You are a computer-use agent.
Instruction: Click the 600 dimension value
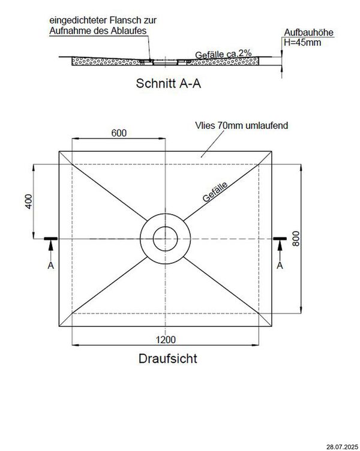[x=119, y=134]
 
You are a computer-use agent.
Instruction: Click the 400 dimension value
[x=28, y=202]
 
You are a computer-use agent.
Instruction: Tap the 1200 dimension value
[x=166, y=339]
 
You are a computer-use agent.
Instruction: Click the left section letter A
[x=50, y=264]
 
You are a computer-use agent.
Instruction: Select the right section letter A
[x=280, y=264]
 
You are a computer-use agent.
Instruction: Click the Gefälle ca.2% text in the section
[x=220, y=55]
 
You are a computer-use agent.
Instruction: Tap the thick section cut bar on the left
[x=50, y=239]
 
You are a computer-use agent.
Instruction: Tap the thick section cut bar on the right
[x=280, y=239]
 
